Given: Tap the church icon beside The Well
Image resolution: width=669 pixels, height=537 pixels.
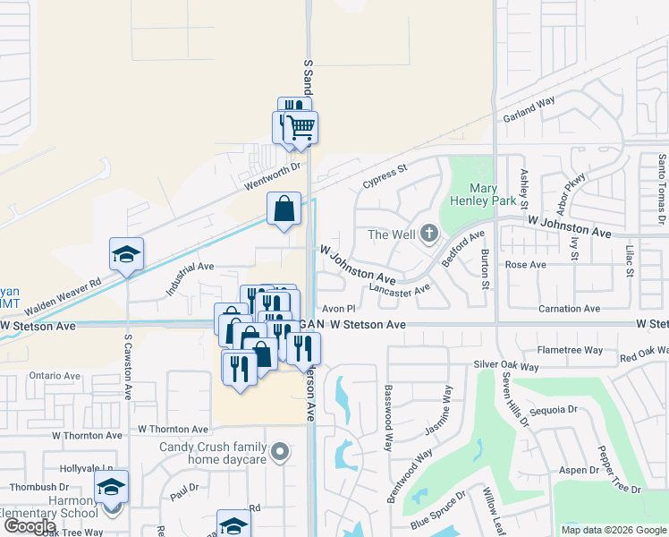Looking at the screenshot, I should (x=429, y=234).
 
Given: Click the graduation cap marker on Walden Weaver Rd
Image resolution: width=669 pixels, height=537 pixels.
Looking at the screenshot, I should (x=126, y=254).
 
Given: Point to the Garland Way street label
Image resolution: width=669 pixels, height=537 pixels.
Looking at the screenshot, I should (x=529, y=108).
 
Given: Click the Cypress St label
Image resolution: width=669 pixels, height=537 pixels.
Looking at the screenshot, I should (x=385, y=175).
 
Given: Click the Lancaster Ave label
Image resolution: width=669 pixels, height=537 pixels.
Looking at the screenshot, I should (x=400, y=289).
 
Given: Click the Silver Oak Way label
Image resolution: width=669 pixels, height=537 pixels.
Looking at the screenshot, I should (x=506, y=367).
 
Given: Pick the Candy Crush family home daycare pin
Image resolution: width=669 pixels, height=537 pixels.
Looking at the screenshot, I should (x=280, y=453).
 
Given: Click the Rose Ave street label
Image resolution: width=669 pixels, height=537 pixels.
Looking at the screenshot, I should (x=526, y=265).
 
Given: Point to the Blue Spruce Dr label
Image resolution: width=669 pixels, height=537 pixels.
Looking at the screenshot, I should (x=439, y=507).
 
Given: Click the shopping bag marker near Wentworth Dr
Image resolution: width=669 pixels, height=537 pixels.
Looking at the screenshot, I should (x=284, y=209).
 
